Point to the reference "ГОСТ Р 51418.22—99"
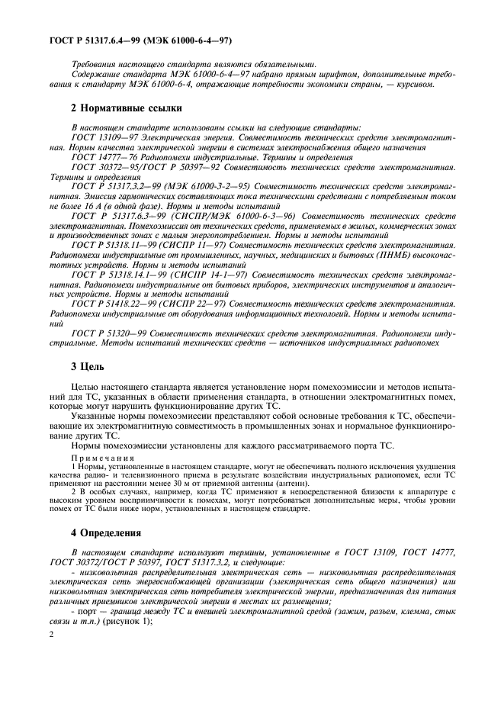pyautogui.click(x=115, y=304)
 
